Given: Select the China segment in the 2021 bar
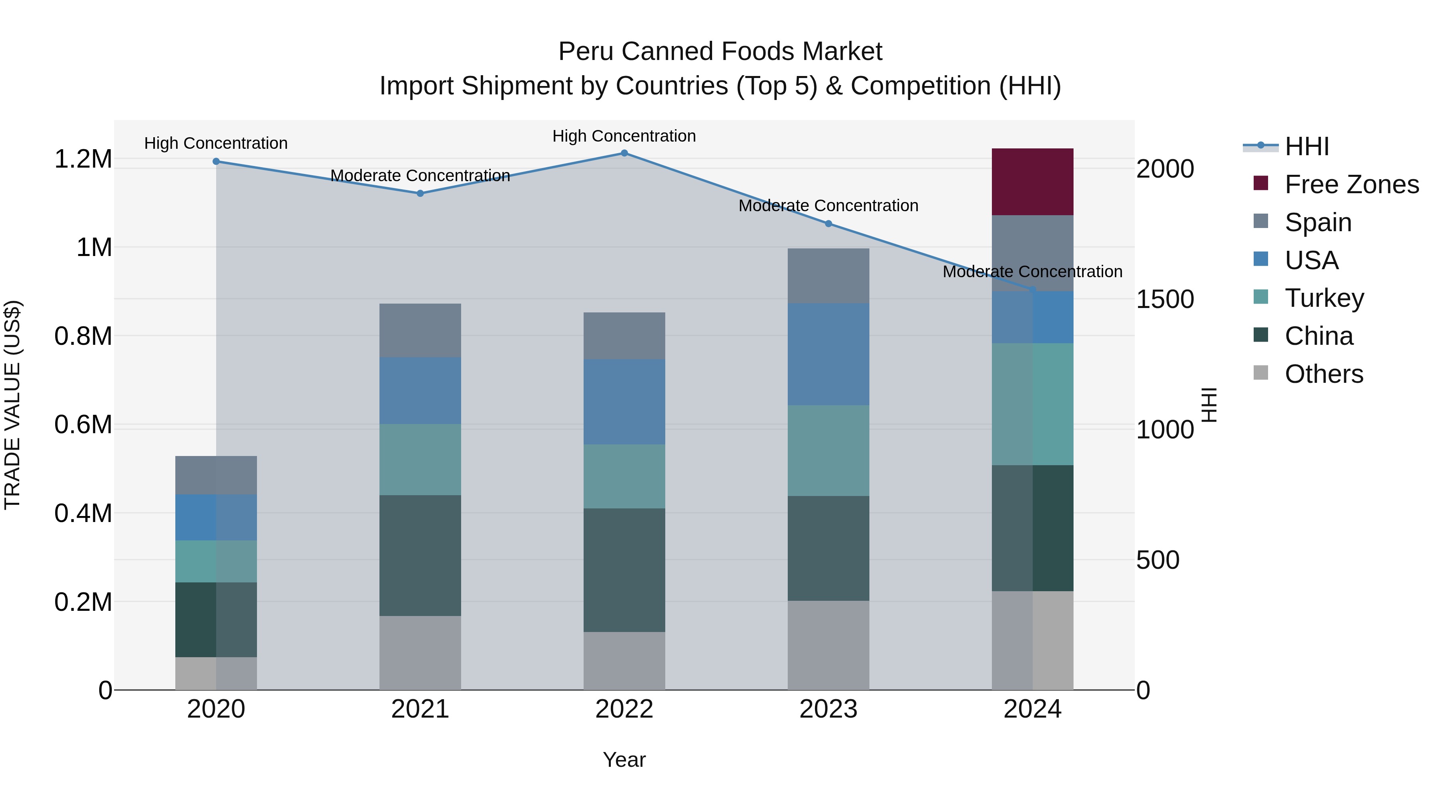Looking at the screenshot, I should (x=420, y=555).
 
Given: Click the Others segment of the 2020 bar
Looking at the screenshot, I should (x=216, y=673).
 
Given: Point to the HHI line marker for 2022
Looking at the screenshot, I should (x=624, y=153).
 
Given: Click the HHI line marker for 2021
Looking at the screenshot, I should (x=420, y=194).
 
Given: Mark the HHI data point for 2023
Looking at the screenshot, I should (x=829, y=224).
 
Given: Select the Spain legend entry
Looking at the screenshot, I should (x=1317, y=222).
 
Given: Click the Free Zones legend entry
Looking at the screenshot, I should (x=1351, y=184).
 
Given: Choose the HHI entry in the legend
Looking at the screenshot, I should (x=1306, y=146).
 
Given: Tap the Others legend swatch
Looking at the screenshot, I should (x=1261, y=373).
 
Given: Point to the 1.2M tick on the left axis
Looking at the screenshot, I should (x=83, y=159).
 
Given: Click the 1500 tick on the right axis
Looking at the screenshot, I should (x=1165, y=299).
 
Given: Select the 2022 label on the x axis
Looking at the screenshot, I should (x=624, y=709).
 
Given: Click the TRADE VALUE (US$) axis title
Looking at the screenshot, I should (x=12, y=405).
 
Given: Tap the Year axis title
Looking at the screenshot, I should (x=624, y=760).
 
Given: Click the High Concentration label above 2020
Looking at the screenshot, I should (x=216, y=143).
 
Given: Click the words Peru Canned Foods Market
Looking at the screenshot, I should (x=720, y=52).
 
